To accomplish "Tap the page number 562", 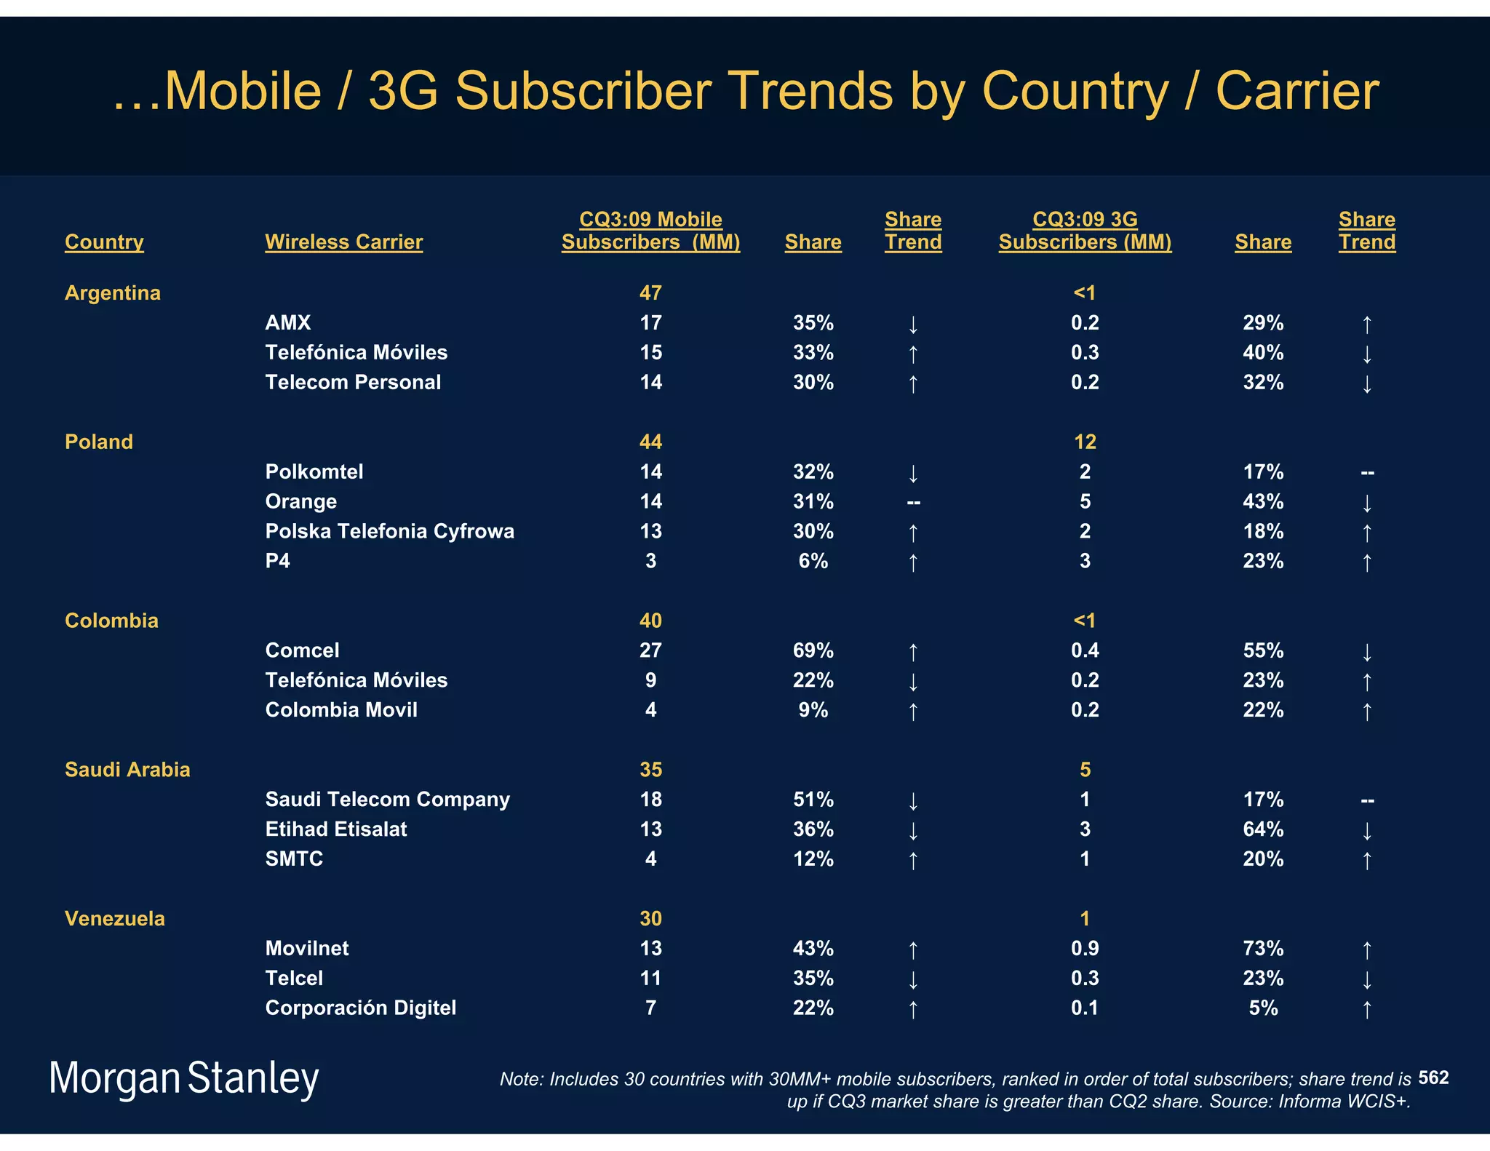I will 1433,1078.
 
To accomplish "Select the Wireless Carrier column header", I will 343,242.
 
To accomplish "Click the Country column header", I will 104,242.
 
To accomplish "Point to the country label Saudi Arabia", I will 127,769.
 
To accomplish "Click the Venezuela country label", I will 115,918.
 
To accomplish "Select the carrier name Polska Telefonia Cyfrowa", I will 389,531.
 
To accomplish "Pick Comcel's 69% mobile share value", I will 813,650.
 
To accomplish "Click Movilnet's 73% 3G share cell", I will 1262,948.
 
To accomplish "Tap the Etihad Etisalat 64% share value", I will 1262,829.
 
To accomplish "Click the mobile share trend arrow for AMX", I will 913,324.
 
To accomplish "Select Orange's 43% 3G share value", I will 1262,501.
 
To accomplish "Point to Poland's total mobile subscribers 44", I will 650,442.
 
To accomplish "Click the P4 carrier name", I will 277,561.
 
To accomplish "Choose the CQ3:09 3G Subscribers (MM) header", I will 1085,231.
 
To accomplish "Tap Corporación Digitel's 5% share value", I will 1262,1008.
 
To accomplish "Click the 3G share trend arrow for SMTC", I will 1366,860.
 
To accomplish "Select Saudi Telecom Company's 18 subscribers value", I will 650,799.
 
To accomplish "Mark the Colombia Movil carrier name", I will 341,709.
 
